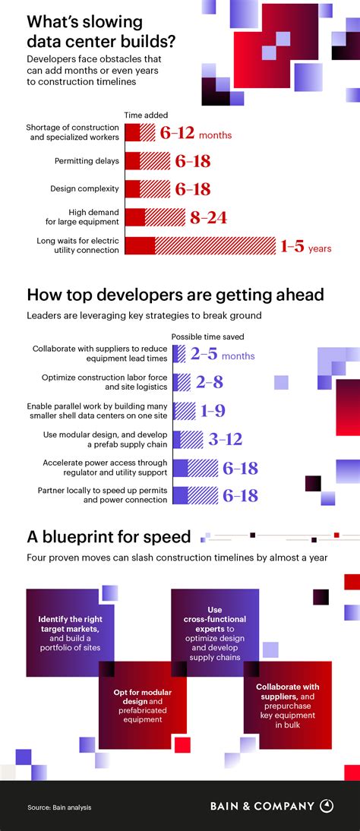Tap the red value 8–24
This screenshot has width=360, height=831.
(208, 218)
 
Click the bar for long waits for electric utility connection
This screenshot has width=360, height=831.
(200, 245)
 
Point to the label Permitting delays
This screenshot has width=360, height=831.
(87, 160)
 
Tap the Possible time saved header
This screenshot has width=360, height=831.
(207, 337)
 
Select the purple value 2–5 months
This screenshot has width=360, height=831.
(222, 354)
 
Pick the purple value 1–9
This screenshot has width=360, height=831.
(213, 411)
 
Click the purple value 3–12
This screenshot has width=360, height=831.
(225, 439)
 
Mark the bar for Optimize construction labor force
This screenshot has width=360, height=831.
(182, 382)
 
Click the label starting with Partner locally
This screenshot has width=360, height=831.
(103, 495)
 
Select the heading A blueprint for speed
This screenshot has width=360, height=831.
(109, 537)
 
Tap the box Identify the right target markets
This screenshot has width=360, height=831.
(70, 621)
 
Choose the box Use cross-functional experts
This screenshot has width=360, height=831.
(214, 621)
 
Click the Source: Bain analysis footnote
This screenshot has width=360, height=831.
(59, 807)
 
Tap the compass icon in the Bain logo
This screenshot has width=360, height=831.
(327, 807)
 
